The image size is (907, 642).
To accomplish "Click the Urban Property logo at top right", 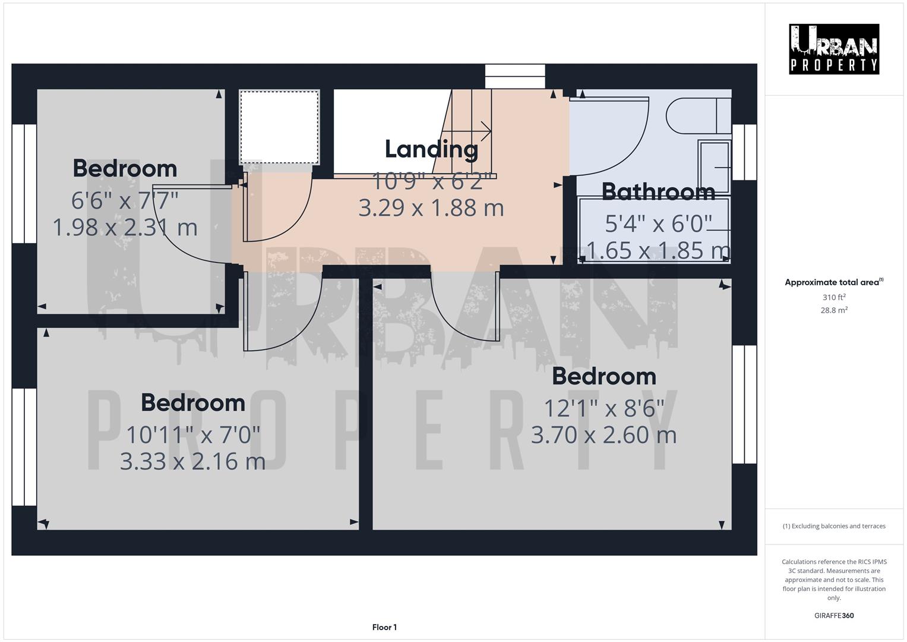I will pos(833,49).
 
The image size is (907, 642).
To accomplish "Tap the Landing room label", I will pos(431,149).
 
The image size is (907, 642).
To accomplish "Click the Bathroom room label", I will pos(658,191).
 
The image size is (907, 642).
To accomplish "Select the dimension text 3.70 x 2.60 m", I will pos(603,435).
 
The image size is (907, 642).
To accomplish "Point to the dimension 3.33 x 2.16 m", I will pos(192,461).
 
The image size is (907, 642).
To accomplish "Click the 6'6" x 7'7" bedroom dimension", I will pos(125,200).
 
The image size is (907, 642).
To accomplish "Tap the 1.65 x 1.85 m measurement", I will pos(658,250).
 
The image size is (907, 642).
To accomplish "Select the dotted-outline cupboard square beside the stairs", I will pos(279,127).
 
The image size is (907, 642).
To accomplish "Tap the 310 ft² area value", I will pos(834,297).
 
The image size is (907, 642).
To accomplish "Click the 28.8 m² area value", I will pos(834,310).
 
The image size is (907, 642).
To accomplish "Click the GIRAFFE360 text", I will pos(833,615).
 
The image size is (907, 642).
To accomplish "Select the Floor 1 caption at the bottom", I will pos(384,627).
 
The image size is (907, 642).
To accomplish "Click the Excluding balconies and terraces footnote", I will pos(834,526).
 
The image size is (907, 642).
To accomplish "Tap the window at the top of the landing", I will pos(514,76).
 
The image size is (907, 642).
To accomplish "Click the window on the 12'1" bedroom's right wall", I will pos(744,404).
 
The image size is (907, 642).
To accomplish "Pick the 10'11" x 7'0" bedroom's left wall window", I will pos(24,447).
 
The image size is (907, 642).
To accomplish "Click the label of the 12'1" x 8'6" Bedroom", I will pos(603,376).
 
